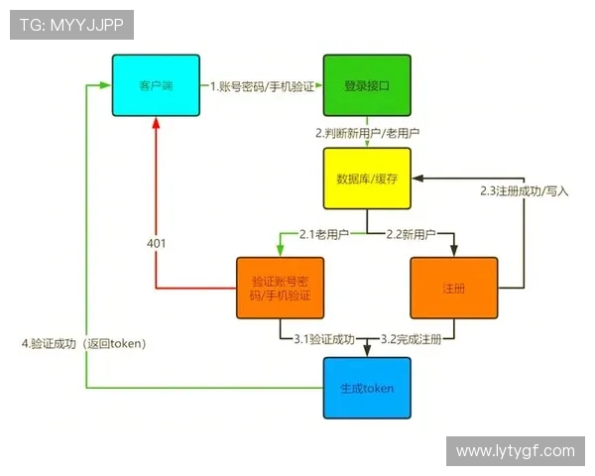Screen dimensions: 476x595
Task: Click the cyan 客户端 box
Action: point(156,86)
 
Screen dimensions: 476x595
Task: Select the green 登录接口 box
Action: point(366,86)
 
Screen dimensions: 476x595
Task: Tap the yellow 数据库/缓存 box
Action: point(366,178)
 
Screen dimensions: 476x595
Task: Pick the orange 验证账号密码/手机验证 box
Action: point(281,289)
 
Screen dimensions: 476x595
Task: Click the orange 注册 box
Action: point(453,289)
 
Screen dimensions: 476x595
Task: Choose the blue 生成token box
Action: point(366,388)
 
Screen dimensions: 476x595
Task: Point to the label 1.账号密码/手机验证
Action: point(262,86)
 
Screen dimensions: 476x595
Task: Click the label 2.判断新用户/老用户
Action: point(366,133)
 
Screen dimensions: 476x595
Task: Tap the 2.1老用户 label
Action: point(326,234)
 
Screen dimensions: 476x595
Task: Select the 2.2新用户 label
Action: point(411,234)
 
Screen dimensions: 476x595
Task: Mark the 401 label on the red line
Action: point(156,244)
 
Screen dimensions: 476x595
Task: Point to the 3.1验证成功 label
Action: point(324,339)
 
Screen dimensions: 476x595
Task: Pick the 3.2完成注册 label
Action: point(412,339)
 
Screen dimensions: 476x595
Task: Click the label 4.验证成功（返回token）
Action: point(84,343)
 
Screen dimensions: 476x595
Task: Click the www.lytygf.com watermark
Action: point(515,451)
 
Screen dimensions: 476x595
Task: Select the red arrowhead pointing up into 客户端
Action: point(156,125)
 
